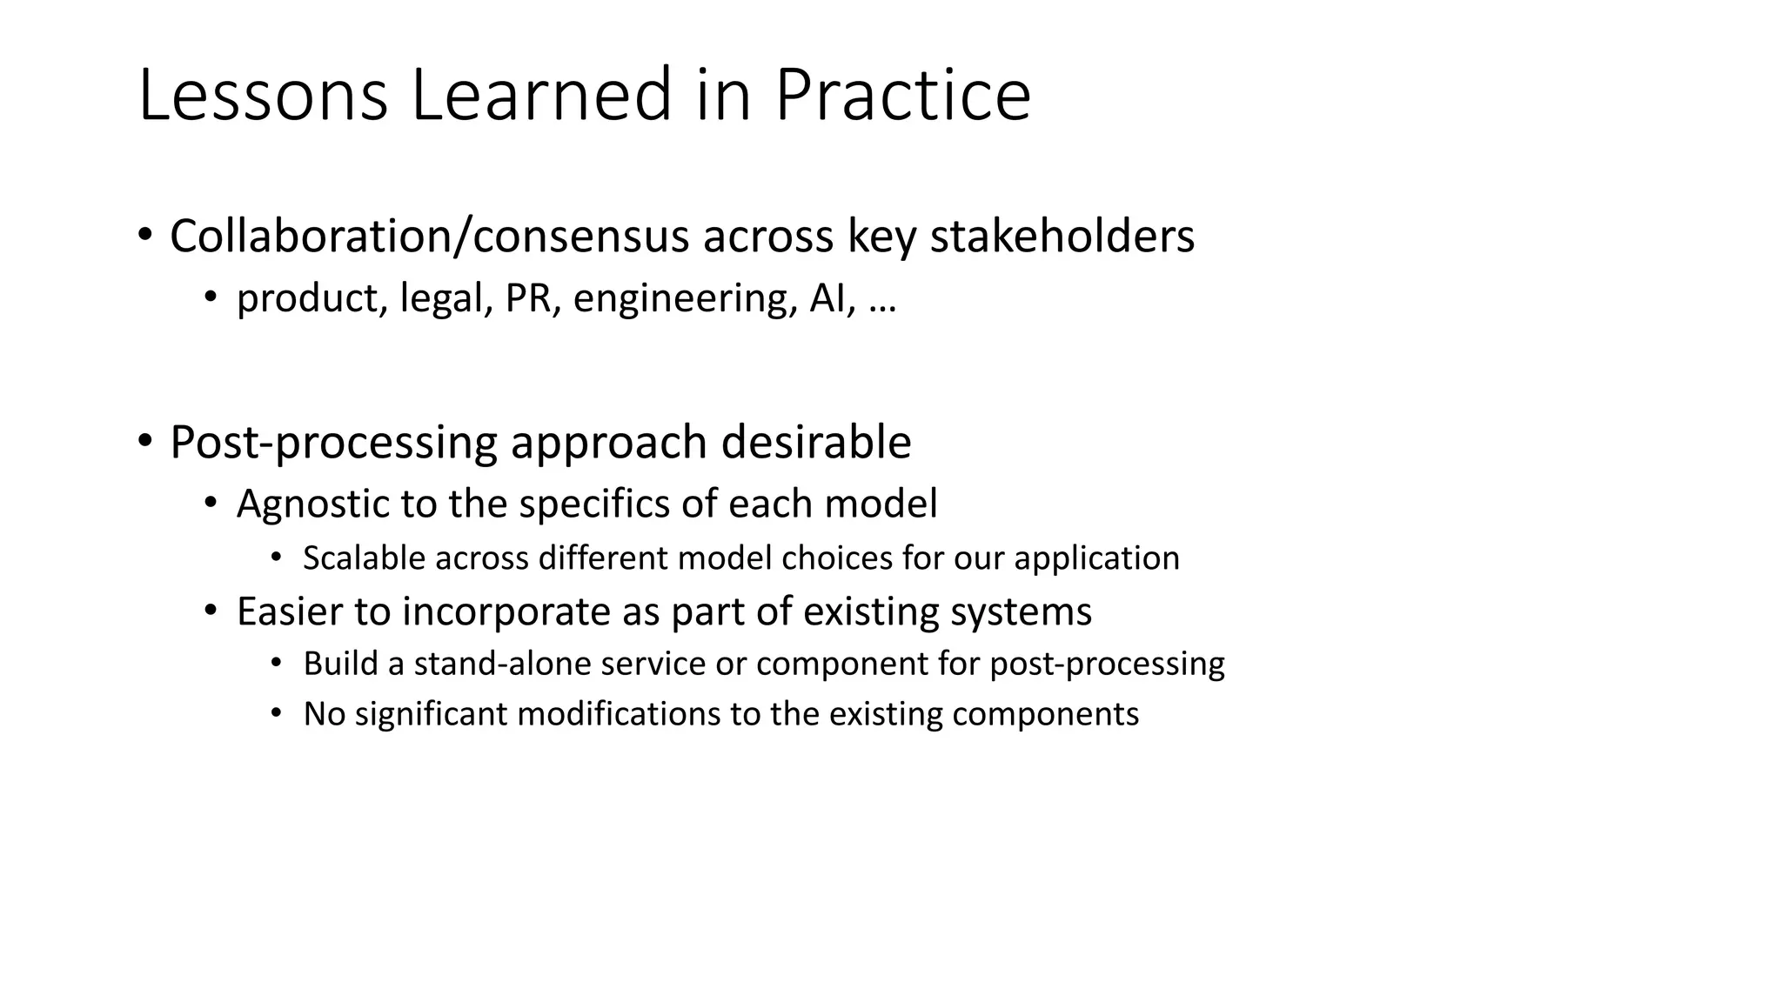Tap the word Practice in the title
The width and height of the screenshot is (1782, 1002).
(x=902, y=96)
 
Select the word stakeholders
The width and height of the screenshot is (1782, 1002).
(x=1062, y=237)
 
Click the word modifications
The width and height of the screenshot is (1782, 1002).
(x=619, y=714)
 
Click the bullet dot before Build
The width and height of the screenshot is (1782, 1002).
(x=277, y=664)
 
